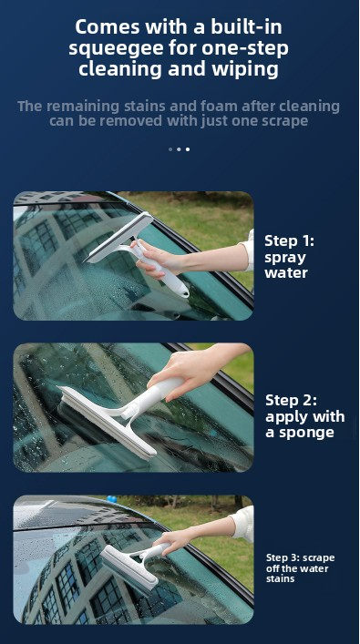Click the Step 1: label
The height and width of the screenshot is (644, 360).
(289, 240)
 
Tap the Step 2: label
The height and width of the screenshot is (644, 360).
(290, 399)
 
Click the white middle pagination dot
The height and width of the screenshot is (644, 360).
(179, 148)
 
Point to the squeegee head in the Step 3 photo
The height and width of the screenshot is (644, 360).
(127, 568)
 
